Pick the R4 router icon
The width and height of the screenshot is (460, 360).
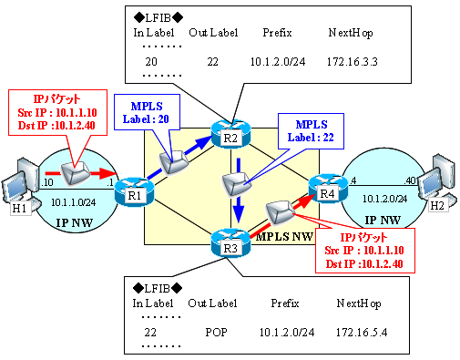[x=325, y=189]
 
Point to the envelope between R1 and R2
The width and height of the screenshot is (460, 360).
[x=174, y=159]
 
